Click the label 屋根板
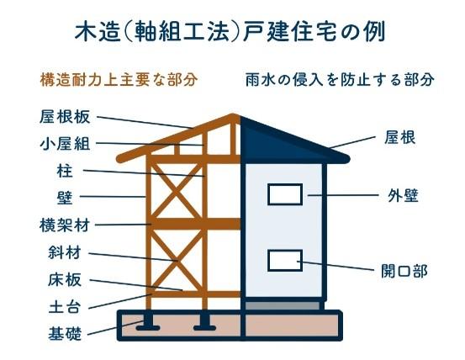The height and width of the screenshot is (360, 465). coord(65,117)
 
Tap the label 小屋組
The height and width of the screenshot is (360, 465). coord(65,144)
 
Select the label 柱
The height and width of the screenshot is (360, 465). coord(65,171)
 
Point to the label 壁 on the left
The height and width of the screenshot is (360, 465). coord(65,198)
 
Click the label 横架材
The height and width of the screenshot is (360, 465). coord(65,225)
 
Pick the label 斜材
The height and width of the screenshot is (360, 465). coord(65,252)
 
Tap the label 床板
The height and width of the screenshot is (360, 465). coord(65,280)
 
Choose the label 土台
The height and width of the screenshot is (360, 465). coord(65,307)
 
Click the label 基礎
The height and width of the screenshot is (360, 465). coord(65,333)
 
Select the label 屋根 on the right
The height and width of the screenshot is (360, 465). coord(399,138)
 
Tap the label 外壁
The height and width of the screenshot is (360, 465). coord(403,196)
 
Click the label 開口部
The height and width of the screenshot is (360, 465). coord(404,271)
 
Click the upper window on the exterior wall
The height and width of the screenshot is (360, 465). coord(285,194)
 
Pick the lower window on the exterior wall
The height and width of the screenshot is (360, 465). coord(285,261)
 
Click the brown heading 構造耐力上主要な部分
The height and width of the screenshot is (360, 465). coord(119,79)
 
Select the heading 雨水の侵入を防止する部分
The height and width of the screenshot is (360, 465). coord(340,79)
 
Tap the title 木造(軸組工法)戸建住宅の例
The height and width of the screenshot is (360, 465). coord(230,31)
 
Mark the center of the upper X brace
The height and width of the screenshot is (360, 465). coord(177,191)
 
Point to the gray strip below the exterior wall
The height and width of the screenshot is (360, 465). coord(283,305)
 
